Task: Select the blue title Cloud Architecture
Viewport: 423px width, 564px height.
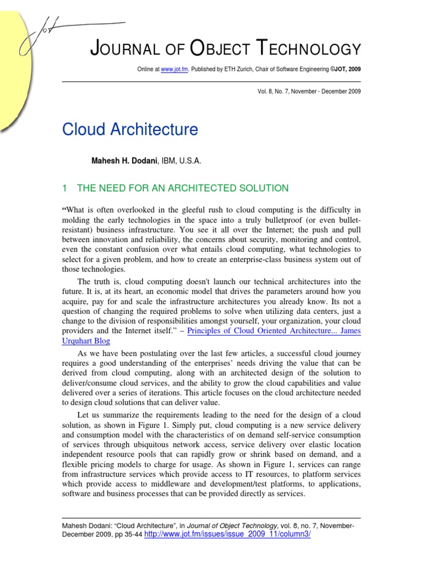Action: [129, 130]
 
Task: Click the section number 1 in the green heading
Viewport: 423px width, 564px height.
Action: [64, 188]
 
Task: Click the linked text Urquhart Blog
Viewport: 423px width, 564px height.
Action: [86, 341]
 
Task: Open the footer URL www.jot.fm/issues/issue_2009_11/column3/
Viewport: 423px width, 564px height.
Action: [227, 535]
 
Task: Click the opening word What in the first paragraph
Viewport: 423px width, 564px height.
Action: [78, 209]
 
